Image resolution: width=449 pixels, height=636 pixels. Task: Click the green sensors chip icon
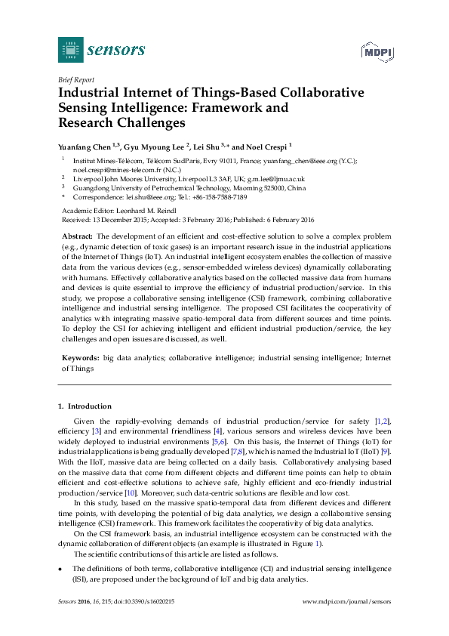point(70,50)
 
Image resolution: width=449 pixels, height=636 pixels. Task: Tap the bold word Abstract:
point(77,236)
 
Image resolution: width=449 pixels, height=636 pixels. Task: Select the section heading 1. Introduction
point(85,406)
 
